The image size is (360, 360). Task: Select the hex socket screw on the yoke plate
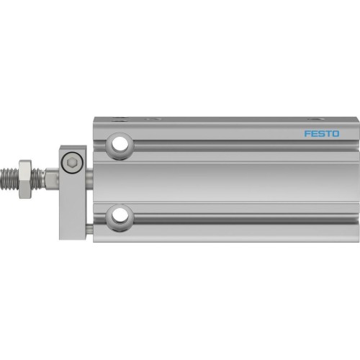[x=72, y=165]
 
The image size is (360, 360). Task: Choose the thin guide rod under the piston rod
[x=89, y=229]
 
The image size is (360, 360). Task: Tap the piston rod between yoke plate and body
[x=89, y=175]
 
